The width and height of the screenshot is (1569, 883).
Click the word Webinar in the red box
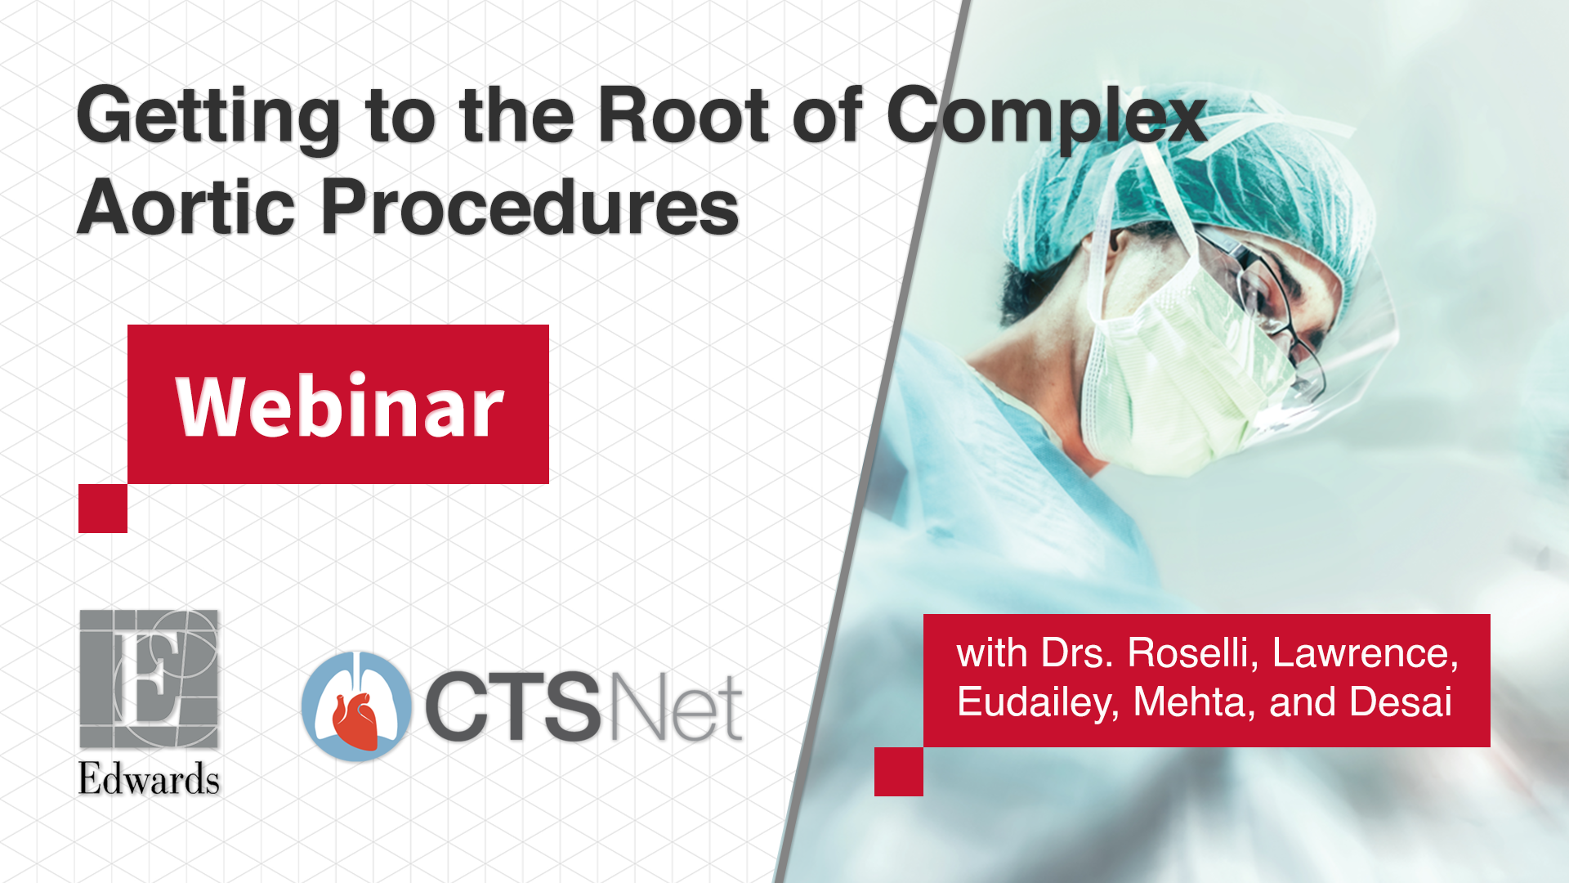coord(340,406)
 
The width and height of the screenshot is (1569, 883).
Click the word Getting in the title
coord(209,119)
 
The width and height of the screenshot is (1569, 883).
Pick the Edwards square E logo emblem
coord(149,679)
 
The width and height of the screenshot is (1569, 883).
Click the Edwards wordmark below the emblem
coord(149,778)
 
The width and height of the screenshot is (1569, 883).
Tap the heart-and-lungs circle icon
coord(356,706)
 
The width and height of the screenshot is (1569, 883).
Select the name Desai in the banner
coord(1401,701)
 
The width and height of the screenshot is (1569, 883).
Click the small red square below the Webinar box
coord(103,509)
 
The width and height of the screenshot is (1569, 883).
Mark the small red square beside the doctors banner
coord(899,771)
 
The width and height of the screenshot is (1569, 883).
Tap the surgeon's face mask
coord(1177,368)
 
